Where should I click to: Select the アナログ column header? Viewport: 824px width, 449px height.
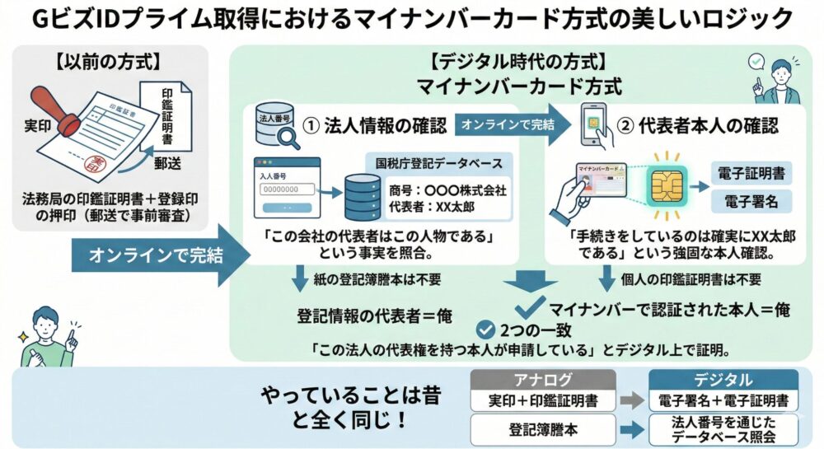[543, 381]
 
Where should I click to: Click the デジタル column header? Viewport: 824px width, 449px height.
[723, 381]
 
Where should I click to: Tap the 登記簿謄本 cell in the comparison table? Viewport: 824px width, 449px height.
[543, 428]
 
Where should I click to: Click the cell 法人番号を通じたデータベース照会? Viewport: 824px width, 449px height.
[723, 428]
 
